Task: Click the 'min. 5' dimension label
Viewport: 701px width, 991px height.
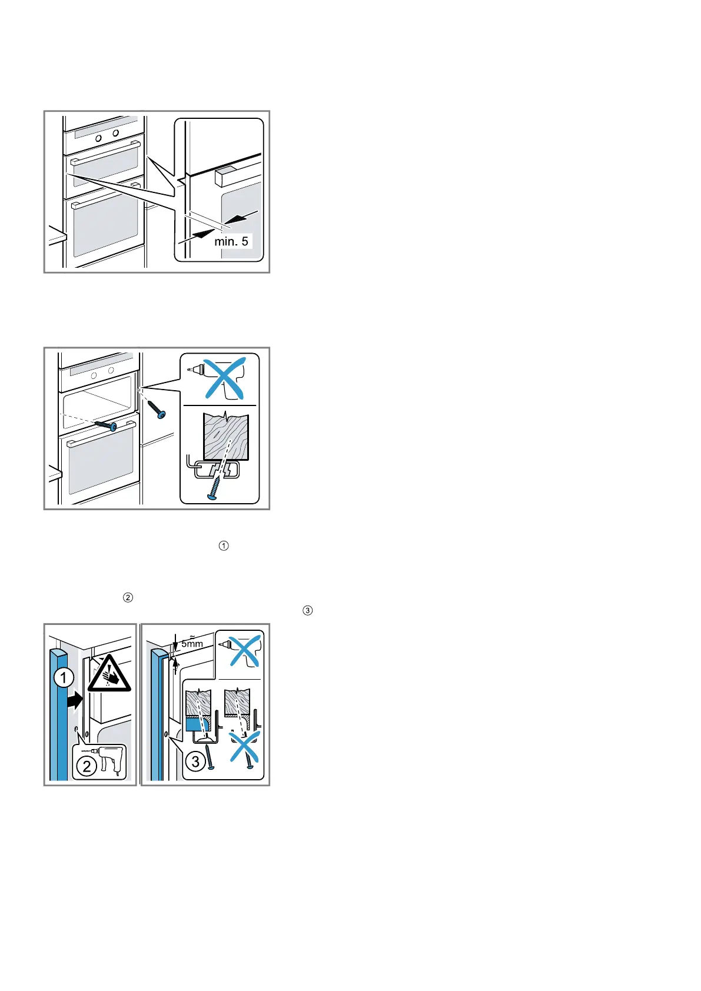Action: coord(231,241)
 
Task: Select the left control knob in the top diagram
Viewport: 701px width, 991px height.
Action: coord(98,137)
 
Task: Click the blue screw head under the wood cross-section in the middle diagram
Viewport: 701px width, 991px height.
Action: coord(212,497)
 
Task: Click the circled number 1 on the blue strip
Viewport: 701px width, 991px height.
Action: coord(63,679)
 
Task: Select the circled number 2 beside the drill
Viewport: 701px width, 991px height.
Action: coord(87,766)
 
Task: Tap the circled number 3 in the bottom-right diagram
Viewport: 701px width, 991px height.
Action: coord(195,762)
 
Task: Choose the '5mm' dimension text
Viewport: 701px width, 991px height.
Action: coord(192,643)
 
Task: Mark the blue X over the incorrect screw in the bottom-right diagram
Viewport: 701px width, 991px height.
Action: coord(245,746)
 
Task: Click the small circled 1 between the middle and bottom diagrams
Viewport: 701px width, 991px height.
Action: coord(223,546)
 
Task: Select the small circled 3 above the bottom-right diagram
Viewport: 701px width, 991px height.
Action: coord(307,610)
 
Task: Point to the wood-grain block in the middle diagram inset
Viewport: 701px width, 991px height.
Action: coord(227,436)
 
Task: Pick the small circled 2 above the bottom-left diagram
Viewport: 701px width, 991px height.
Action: coord(127,598)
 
